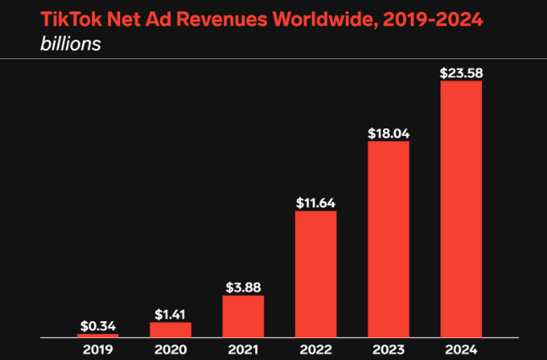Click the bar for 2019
click(98, 335)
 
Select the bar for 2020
click(171, 330)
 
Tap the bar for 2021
click(243, 316)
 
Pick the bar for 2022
click(315, 274)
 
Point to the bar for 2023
click(388, 239)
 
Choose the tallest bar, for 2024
click(461, 209)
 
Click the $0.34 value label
click(98, 325)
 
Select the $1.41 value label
click(171, 314)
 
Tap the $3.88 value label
click(243, 287)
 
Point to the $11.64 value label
click(315, 203)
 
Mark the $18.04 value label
click(388, 134)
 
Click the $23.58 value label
click(461, 74)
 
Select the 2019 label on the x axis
click(98, 348)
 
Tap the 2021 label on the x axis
click(243, 348)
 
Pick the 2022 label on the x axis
click(315, 348)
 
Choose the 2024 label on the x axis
click(461, 348)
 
